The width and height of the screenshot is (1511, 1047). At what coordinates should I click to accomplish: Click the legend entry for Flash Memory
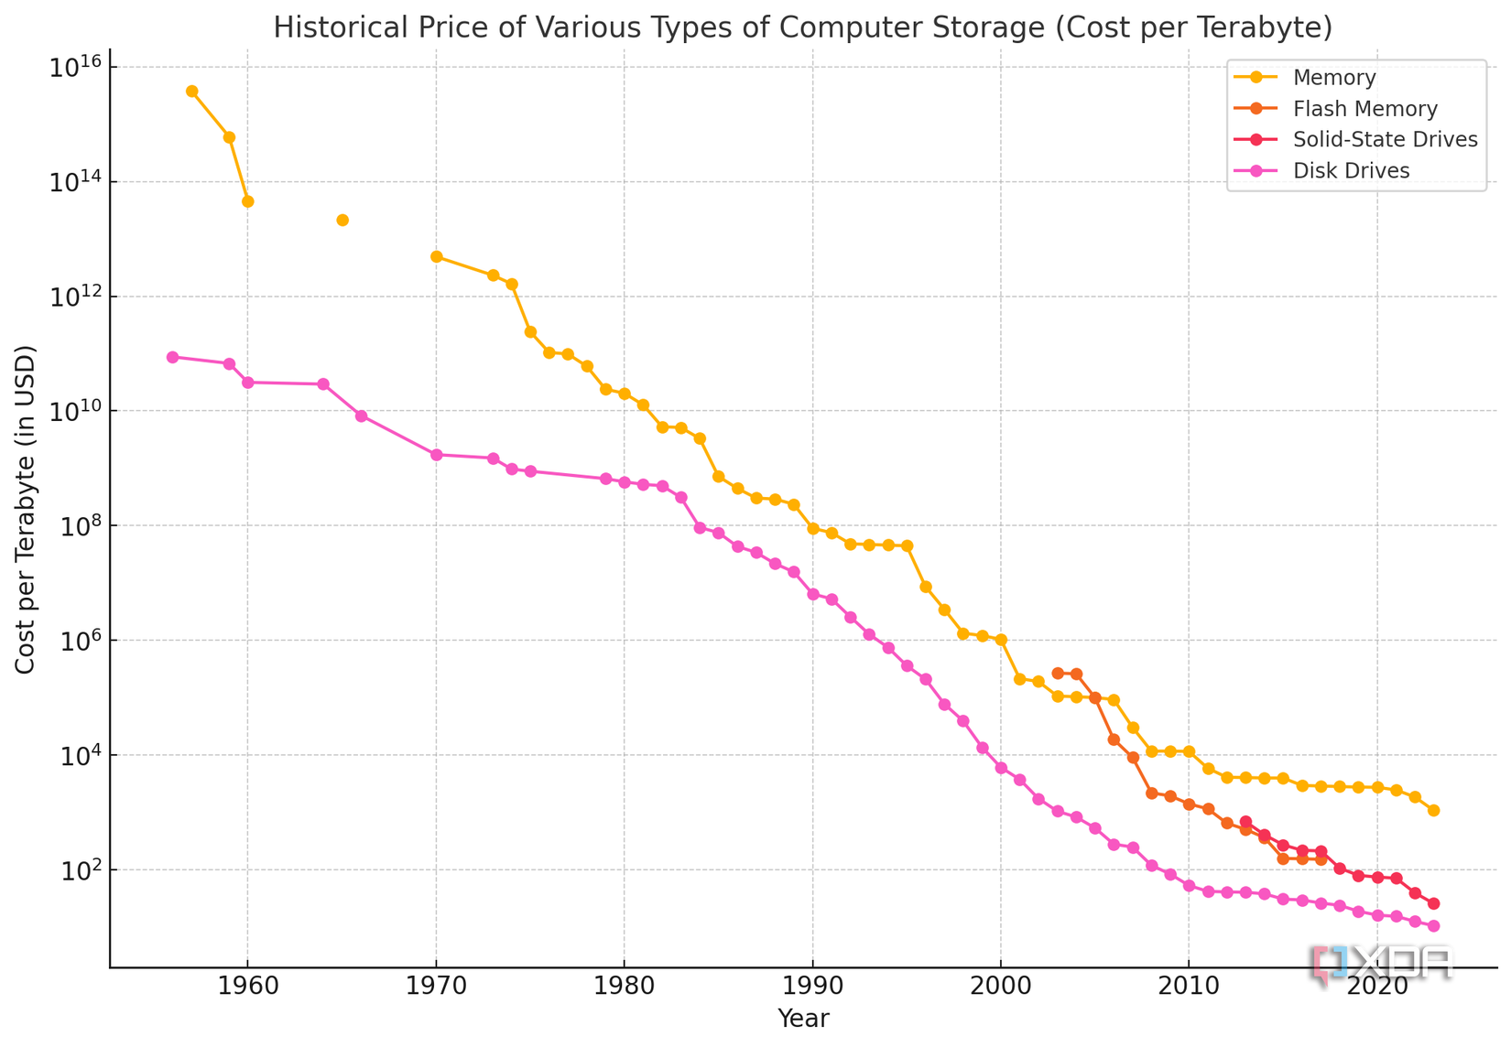(1364, 109)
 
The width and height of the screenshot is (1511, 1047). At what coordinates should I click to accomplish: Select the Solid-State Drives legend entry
(1385, 140)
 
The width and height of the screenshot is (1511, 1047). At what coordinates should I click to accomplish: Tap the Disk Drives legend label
(1351, 171)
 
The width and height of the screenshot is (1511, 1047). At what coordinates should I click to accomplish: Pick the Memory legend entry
(1334, 78)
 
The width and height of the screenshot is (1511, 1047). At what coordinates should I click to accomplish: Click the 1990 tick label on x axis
(812, 988)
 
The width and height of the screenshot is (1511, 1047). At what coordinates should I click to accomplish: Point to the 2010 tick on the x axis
(1189, 988)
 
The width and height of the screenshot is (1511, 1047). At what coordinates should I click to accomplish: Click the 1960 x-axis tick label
(247, 988)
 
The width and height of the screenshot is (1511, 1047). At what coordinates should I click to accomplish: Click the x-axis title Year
(803, 1019)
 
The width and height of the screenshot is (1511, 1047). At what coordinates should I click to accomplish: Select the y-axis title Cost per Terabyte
(26, 510)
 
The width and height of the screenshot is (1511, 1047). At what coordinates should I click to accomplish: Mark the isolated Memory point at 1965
(342, 220)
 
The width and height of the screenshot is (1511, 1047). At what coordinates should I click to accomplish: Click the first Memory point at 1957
(191, 91)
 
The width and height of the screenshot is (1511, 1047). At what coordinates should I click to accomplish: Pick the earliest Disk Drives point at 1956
(172, 357)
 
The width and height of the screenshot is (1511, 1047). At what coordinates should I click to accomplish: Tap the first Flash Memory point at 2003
(1058, 673)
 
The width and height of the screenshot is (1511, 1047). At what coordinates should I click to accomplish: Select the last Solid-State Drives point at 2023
(1434, 903)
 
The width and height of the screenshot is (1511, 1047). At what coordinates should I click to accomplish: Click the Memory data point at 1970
(437, 256)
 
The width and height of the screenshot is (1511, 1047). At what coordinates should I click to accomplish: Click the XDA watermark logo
(1383, 964)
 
